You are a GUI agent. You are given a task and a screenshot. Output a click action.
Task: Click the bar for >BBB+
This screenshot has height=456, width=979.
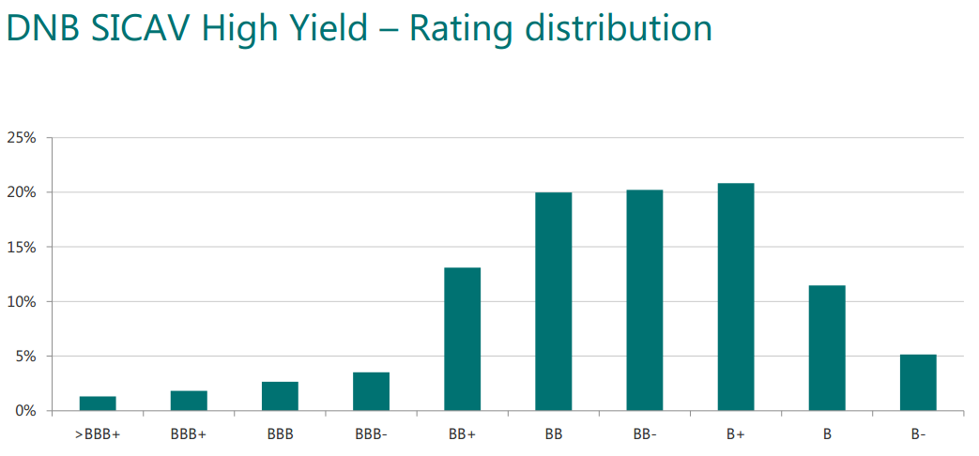[98, 403]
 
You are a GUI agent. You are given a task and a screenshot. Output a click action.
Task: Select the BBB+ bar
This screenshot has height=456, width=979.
[189, 401]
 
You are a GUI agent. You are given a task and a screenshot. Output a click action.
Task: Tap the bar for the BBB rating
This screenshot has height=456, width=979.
[280, 396]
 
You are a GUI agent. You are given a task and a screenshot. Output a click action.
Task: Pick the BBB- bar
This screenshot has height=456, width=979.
[371, 392]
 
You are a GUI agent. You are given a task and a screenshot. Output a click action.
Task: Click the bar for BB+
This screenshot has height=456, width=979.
[462, 340]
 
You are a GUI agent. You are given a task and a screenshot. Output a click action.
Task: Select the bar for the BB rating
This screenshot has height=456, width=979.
[553, 301]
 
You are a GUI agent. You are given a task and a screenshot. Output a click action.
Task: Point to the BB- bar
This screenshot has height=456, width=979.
[644, 300]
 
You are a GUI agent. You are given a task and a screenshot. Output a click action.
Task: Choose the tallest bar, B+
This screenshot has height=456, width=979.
[736, 296]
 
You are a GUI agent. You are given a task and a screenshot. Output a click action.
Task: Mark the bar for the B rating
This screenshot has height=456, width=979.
[827, 348]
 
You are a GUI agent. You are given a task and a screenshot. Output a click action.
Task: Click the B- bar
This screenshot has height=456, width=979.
[918, 383]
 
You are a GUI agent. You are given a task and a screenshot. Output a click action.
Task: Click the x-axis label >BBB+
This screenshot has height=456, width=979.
[98, 434]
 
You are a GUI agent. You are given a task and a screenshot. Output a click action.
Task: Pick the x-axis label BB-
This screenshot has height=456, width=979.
[644, 434]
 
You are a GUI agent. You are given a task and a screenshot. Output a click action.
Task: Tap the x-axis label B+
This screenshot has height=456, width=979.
[736, 434]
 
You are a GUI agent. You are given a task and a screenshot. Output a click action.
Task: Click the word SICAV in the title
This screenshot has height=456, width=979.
[143, 29]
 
